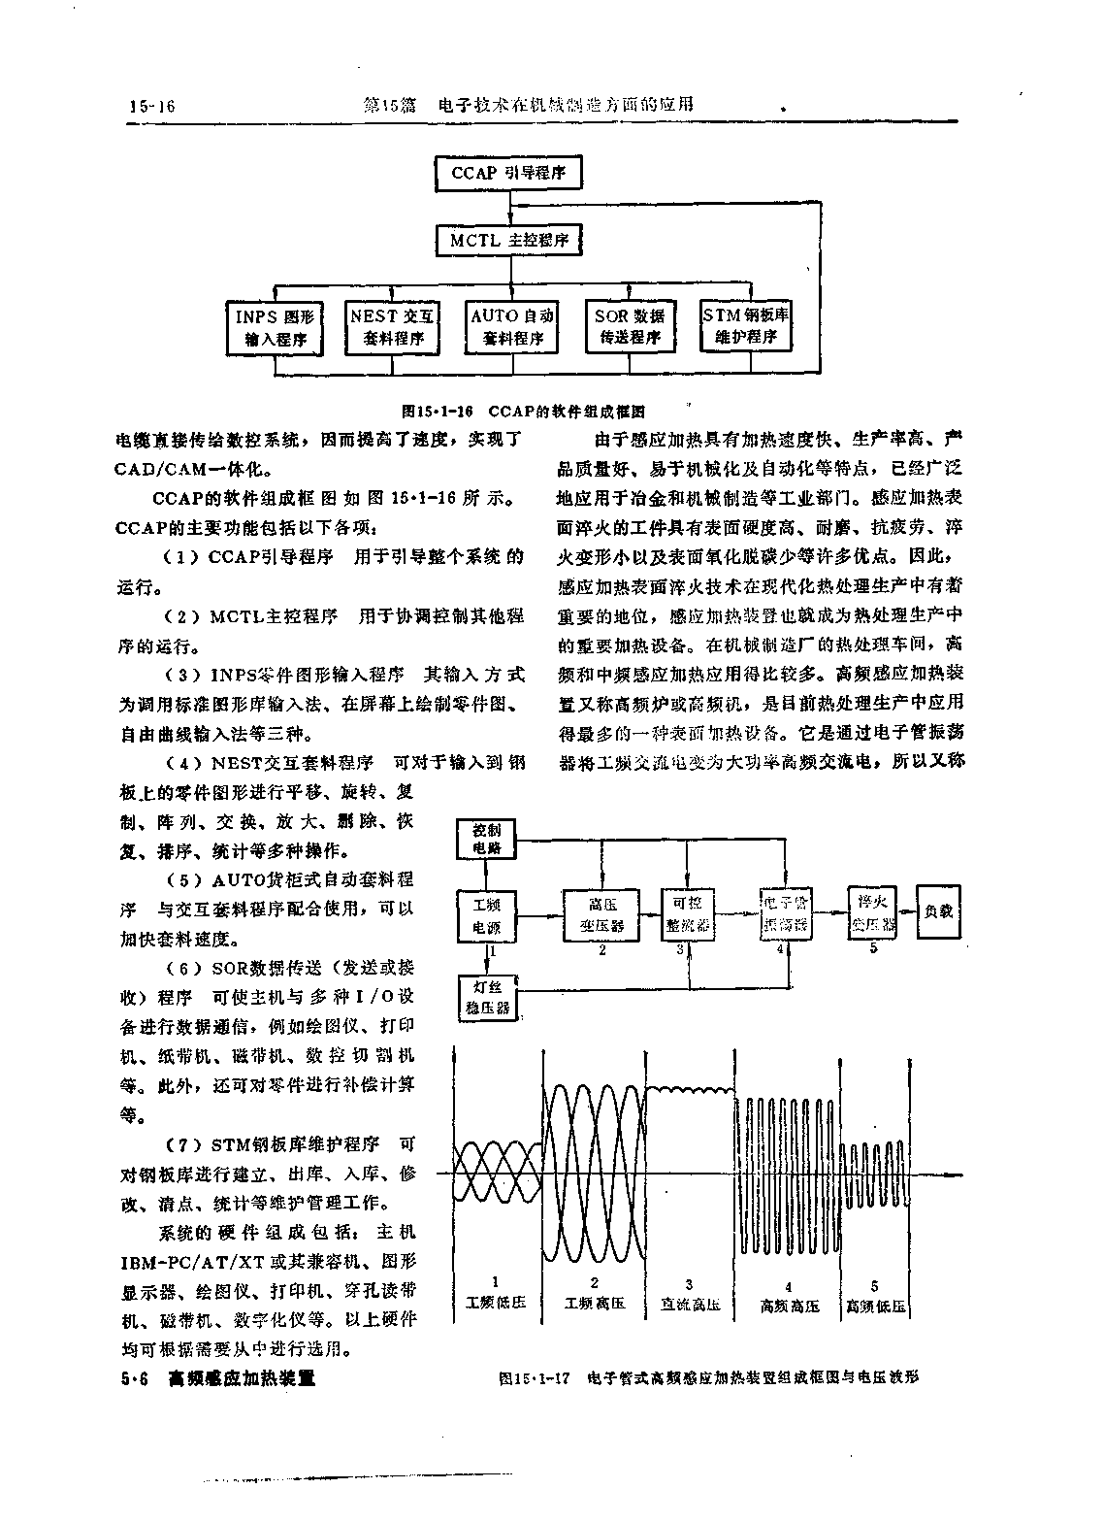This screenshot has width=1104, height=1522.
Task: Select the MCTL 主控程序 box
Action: (508, 240)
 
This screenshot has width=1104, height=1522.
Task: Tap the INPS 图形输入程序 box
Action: (276, 327)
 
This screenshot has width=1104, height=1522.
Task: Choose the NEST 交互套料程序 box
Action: (393, 327)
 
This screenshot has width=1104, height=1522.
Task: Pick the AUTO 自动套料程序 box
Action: (512, 327)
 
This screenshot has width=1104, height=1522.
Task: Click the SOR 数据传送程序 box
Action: (630, 327)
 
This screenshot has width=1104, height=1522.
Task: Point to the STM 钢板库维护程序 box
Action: (746, 326)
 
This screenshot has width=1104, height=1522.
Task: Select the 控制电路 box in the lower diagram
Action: (487, 840)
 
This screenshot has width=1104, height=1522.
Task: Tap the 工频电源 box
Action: (487, 914)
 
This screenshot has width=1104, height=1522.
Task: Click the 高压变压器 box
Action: (601, 914)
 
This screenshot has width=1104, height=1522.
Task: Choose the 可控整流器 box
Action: (687, 914)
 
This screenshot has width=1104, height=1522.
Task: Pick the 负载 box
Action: (939, 912)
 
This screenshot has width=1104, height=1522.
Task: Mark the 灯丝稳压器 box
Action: (487, 997)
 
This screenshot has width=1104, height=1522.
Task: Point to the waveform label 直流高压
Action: (690, 1305)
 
